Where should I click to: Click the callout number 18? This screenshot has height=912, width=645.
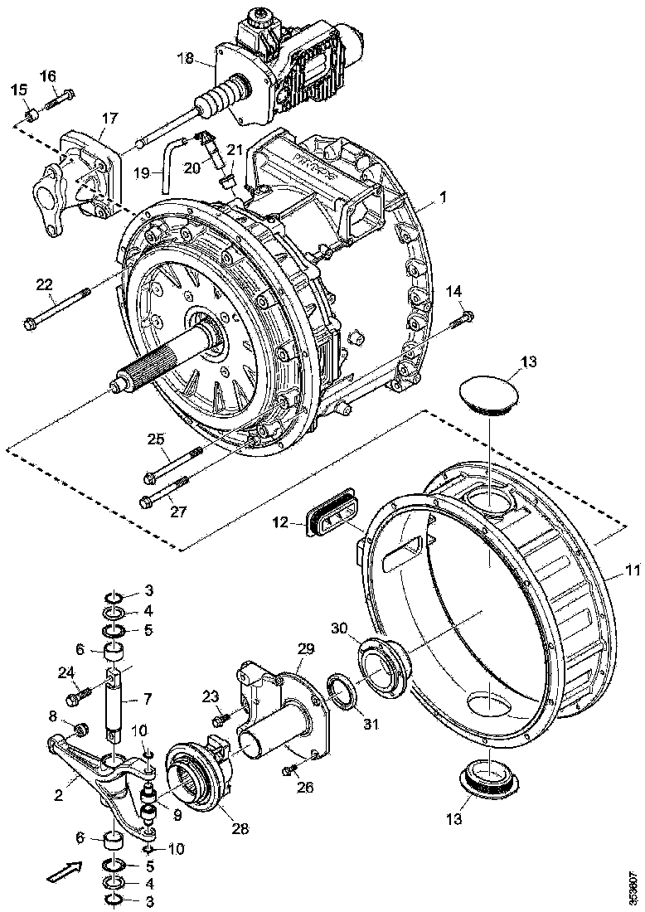pyautogui.click(x=185, y=57)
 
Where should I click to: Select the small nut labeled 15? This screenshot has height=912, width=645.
pyautogui.click(x=31, y=114)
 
